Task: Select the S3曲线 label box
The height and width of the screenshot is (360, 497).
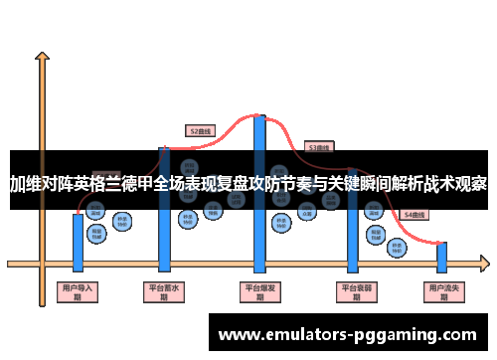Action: click(318, 147)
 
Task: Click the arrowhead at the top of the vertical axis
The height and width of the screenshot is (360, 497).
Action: click(42, 55)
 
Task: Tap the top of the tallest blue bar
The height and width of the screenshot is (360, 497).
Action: click(259, 118)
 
